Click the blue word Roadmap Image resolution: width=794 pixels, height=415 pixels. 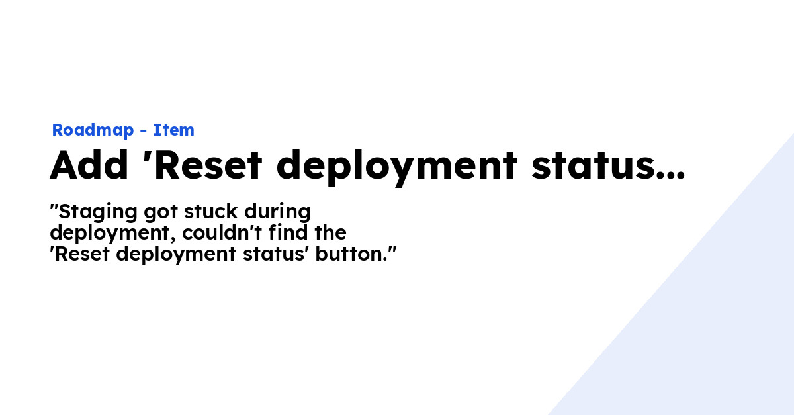(x=93, y=130)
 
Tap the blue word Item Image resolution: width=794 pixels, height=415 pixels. (x=173, y=130)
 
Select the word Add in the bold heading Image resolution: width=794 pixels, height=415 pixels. (x=89, y=165)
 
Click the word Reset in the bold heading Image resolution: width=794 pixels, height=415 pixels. (x=208, y=165)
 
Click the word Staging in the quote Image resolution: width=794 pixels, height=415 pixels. (x=97, y=212)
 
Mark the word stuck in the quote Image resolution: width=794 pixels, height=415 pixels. (x=210, y=211)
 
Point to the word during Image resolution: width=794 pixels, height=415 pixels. (x=277, y=212)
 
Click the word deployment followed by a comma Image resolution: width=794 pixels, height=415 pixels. (x=112, y=234)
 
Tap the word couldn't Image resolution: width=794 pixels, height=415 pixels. (x=222, y=233)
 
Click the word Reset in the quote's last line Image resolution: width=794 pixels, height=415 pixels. (x=82, y=254)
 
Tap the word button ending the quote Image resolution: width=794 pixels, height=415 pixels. (x=351, y=254)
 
